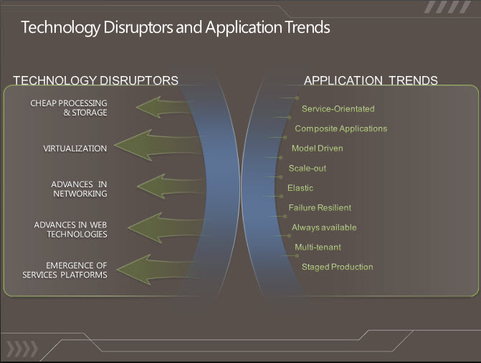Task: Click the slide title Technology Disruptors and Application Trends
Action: pos(176,28)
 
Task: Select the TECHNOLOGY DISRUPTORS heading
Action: pos(95,80)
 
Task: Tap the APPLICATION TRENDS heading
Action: pos(371,80)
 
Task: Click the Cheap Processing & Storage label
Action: pos(69,108)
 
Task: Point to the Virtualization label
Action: pos(75,148)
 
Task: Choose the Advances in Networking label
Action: pos(79,189)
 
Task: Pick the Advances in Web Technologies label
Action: pos(70,230)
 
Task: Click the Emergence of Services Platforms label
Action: pos(65,270)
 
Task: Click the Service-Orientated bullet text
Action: pos(338,109)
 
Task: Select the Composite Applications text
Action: pos(340,128)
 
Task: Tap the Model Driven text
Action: pos(317,148)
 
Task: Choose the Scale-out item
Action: pos(308,169)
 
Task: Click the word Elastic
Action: pos(300,188)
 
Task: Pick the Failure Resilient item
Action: pos(320,207)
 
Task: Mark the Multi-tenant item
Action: pos(318,247)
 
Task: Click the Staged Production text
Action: pos(338,267)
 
